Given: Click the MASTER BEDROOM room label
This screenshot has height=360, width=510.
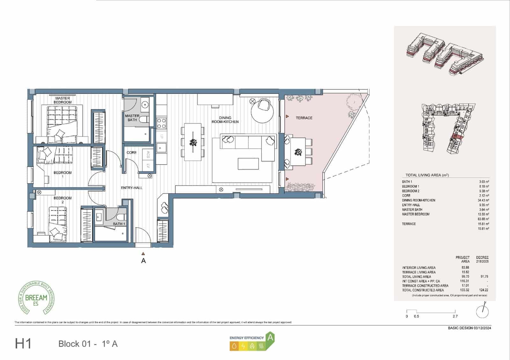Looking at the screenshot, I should coord(62,100).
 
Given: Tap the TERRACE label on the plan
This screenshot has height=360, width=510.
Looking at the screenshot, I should coord(304,118).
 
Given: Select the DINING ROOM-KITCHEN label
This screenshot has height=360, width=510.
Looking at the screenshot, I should coord(225,120).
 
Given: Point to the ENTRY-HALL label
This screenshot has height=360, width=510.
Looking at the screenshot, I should coord(131,188).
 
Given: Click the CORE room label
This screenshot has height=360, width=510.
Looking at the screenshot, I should coord(131,153).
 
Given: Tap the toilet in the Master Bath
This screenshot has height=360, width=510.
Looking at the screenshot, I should coord(144,120).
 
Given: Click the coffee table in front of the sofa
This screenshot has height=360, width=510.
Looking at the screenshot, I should coord(248,164).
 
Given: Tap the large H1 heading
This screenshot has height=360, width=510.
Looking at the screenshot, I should coord(23,344).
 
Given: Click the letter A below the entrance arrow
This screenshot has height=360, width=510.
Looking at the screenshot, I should coord(143,261).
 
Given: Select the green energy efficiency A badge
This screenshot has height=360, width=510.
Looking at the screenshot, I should coord(270,338).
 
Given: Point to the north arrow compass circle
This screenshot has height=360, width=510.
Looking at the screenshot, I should coord(482,312).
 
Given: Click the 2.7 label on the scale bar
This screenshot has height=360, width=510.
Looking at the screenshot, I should coord(455,316).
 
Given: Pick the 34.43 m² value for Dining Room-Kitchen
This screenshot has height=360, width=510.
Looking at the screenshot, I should coord(484,200).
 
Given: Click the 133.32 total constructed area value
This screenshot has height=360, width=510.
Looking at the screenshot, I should coord(465,290).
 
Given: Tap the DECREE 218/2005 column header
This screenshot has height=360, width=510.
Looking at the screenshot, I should coord(482,259).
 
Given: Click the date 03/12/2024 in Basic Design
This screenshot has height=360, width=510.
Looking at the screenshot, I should coord(482,328).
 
